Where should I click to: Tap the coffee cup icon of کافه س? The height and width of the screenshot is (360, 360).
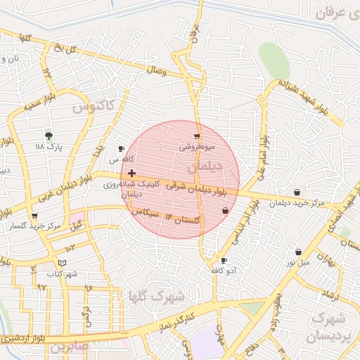click(121, 148)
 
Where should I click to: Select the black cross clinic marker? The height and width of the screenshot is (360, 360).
click(132, 172)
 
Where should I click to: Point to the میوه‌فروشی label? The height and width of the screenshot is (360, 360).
click(196, 147)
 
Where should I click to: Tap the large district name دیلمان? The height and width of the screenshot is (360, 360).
click(205, 168)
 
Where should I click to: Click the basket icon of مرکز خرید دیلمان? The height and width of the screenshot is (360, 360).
click(297, 192)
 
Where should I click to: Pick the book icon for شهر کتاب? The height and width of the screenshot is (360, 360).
click(63, 262)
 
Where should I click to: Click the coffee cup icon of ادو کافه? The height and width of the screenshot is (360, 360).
click(224, 260)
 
